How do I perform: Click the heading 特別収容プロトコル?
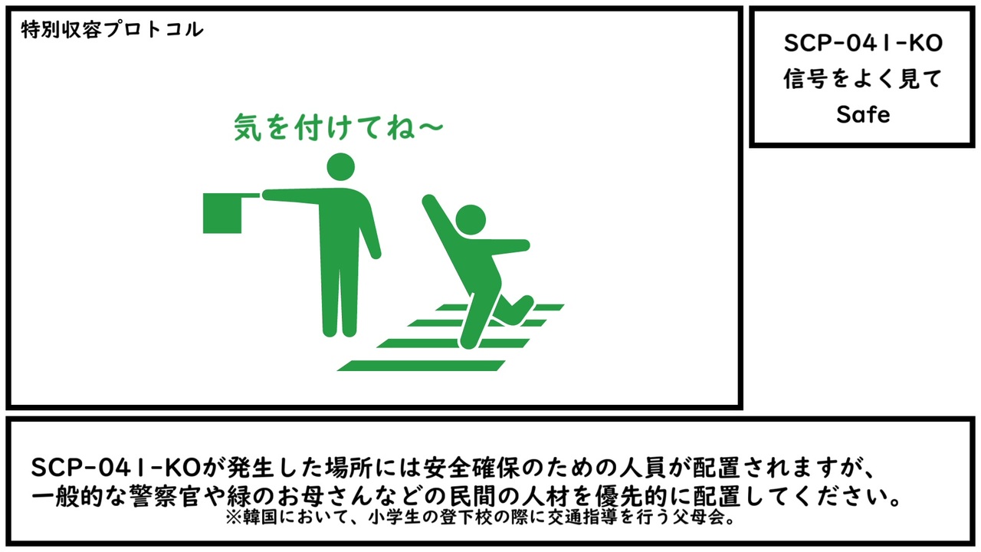click(112, 30)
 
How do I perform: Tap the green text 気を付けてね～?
click(339, 127)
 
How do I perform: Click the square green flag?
click(222, 213)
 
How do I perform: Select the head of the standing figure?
click(341, 166)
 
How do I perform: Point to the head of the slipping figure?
click(471, 219)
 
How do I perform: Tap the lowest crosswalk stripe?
click(422, 366)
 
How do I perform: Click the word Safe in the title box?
click(863, 115)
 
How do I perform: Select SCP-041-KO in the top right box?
click(863, 44)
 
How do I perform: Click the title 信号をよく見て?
click(863, 79)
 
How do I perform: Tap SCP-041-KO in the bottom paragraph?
click(116, 468)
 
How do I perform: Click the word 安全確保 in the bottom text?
click(471, 468)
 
